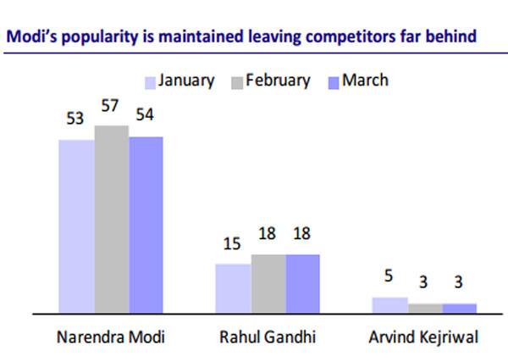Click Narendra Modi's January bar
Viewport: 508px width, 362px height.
pos(75,226)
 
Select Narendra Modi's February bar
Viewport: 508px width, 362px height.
pos(111,219)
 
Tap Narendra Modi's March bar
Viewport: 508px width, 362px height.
pos(146,224)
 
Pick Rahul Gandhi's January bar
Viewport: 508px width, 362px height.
pos(233,288)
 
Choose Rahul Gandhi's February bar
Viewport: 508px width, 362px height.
pos(268,283)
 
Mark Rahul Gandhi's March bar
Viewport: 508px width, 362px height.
pos(303,283)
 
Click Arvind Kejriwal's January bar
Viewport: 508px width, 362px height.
pos(390,304)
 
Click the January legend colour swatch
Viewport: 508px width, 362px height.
pos(152,82)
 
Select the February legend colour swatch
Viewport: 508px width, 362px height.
pos(238,82)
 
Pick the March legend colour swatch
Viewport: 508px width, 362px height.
pos(334,82)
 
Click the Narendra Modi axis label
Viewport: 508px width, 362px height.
pos(111,337)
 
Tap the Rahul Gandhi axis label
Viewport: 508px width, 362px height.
pos(268,337)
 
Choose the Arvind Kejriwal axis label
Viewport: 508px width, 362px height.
pos(423,337)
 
